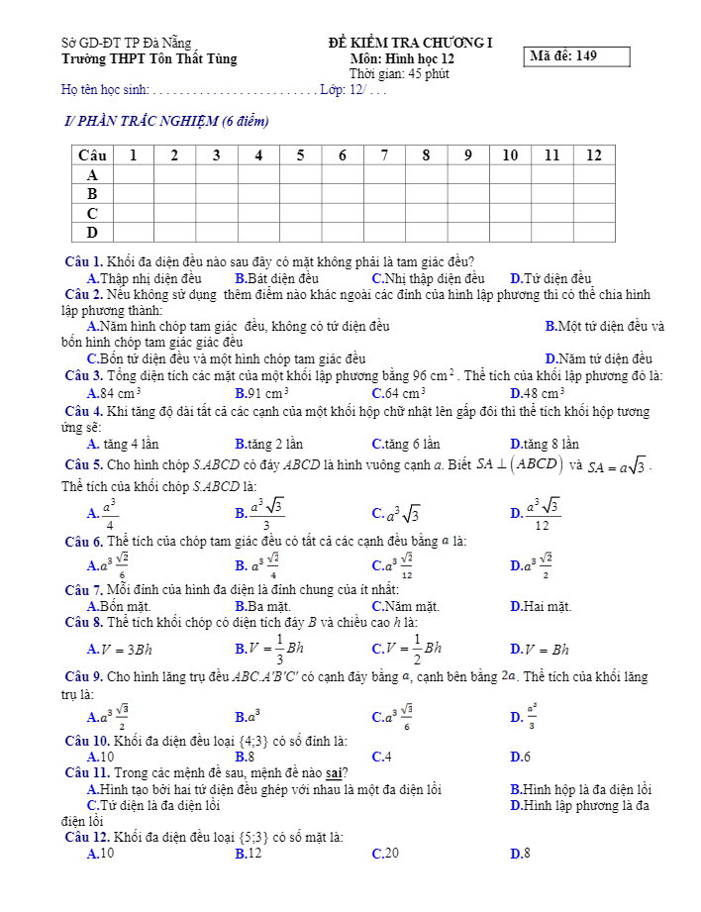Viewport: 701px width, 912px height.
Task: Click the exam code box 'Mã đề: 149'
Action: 578,56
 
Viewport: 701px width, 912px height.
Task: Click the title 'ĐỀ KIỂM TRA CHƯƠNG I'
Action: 410,43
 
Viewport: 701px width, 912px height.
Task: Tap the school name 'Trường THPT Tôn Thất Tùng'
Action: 149,58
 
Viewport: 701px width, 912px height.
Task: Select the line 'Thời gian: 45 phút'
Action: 399,74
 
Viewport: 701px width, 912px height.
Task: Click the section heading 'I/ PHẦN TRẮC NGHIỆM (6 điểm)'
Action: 165,122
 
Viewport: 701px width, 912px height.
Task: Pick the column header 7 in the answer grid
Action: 384,155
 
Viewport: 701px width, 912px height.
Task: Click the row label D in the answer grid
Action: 92,233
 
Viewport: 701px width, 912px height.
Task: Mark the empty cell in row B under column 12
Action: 593,194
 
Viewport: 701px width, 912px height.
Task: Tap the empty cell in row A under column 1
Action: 134,174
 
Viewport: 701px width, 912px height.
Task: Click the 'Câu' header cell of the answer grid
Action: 92,155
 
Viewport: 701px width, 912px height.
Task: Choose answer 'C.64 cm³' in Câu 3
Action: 399,393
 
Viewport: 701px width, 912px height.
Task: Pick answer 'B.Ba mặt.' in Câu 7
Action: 262,606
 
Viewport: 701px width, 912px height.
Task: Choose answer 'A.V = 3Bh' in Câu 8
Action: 120,650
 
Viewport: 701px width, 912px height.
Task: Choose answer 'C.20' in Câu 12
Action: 385,853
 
